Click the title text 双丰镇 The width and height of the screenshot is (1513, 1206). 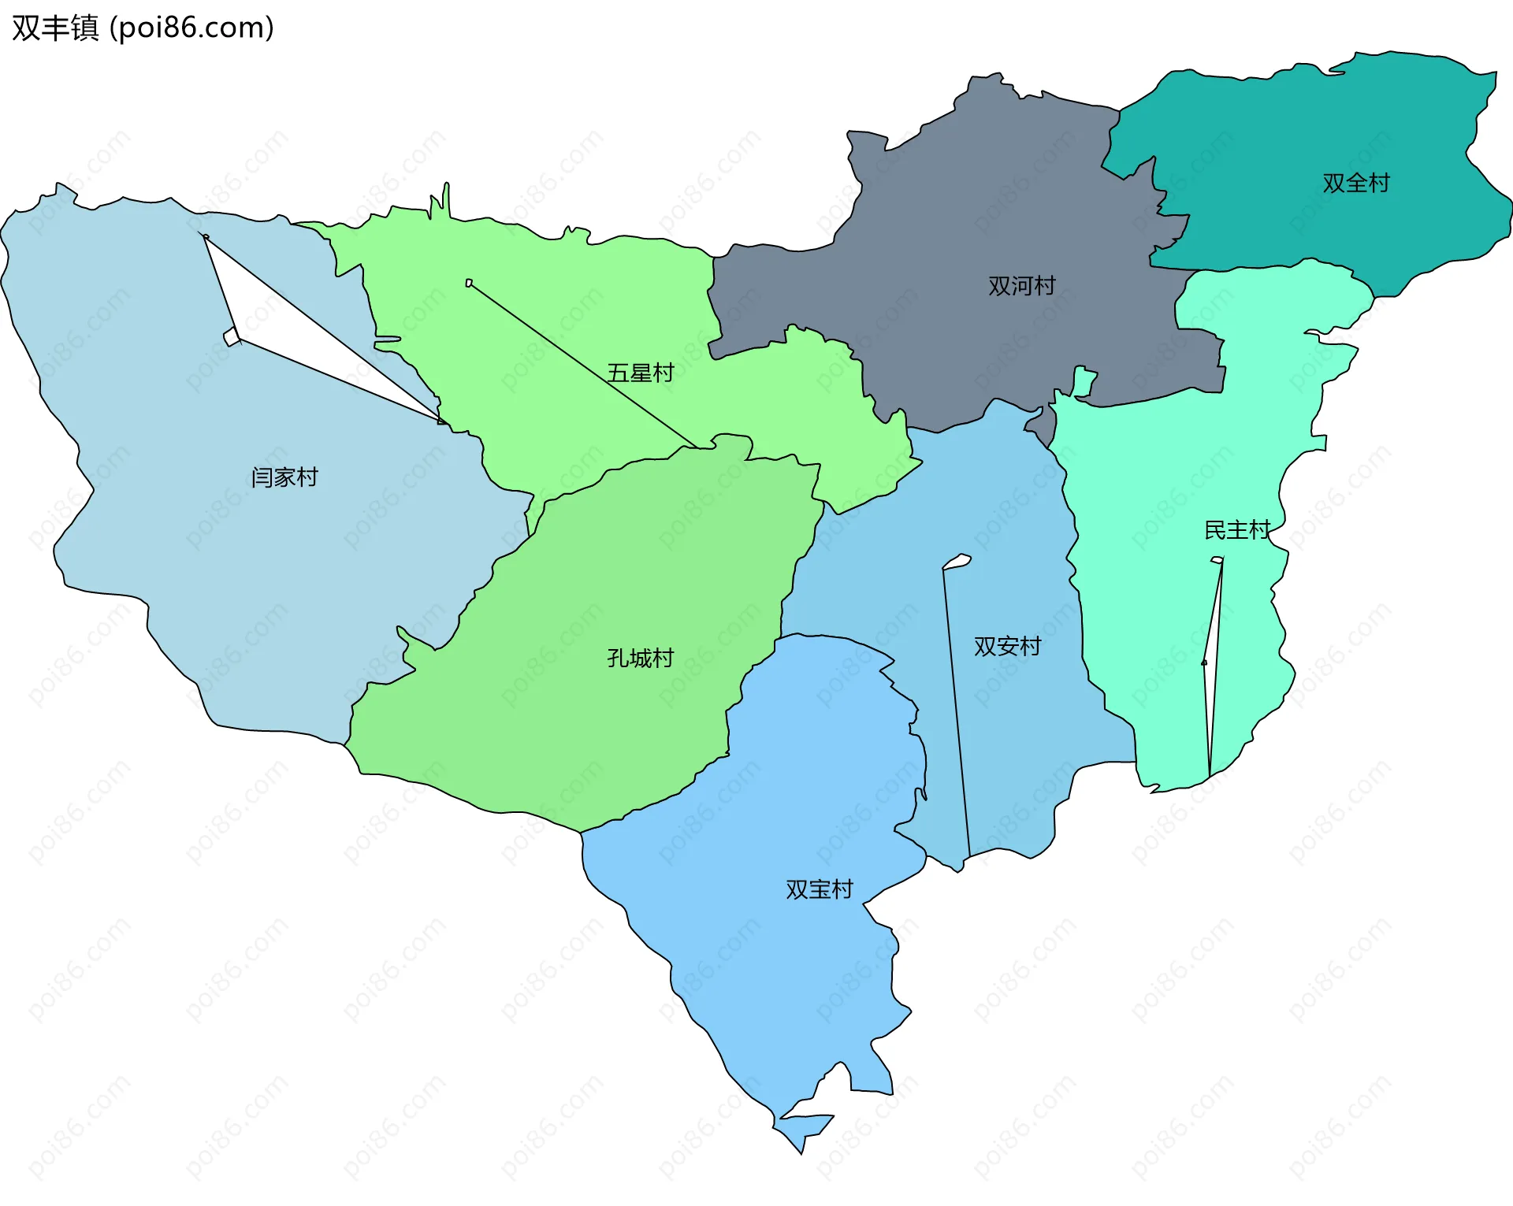pos(55,28)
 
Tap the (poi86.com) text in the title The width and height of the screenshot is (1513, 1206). pos(191,28)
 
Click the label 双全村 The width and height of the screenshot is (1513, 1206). pos(1355,183)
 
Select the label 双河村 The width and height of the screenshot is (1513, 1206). pos(1021,285)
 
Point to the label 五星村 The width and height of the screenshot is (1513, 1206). pos(640,373)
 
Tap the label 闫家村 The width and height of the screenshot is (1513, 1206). pos(284,477)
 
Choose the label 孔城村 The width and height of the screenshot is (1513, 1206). pos(640,658)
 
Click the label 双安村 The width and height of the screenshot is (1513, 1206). pos(1007,646)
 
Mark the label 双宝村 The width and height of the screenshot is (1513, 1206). pos(820,889)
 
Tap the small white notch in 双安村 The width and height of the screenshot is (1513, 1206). pos(957,562)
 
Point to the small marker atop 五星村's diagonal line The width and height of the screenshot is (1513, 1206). pos(469,283)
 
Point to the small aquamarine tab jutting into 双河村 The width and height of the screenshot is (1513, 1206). pos(1085,381)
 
